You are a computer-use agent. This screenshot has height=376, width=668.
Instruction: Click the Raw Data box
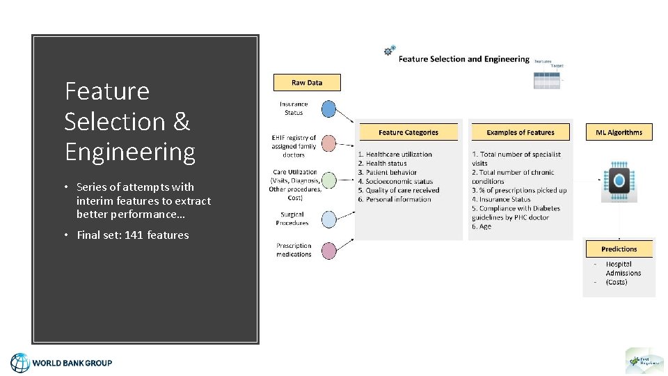point(307,82)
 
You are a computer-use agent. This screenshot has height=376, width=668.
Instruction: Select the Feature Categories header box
point(408,132)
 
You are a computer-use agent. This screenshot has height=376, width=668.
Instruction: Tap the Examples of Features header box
point(520,132)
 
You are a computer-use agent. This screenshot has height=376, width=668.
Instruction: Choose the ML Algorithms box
point(619,132)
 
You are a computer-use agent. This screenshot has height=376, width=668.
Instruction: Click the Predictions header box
point(619,249)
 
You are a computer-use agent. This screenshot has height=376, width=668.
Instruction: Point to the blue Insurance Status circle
point(328,109)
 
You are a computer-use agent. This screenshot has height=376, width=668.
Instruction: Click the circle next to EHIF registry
point(328,144)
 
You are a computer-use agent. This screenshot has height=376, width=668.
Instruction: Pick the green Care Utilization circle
point(328,180)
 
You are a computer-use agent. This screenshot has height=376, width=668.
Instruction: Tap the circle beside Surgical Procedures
point(328,219)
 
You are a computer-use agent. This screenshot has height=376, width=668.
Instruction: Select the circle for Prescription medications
point(328,250)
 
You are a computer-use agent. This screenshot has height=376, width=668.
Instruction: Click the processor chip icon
point(619,182)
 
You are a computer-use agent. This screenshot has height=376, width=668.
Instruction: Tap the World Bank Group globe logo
point(20,363)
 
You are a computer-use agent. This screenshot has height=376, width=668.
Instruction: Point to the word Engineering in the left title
point(130,152)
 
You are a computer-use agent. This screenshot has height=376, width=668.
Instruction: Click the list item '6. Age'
point(482,227)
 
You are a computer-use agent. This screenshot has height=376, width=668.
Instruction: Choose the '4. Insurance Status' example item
point(501,200)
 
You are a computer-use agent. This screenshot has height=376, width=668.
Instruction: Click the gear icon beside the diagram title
point(390,51)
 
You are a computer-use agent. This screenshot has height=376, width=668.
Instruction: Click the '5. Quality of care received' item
point(399,191)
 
